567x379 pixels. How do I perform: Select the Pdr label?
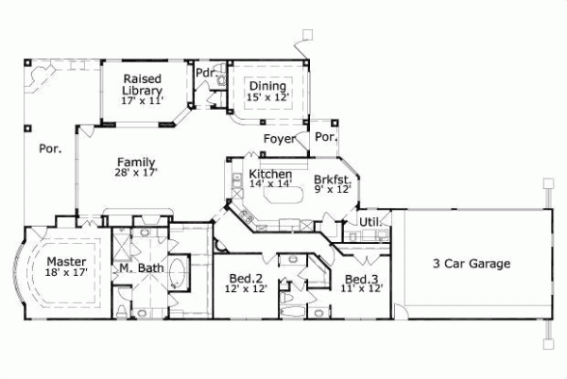203,73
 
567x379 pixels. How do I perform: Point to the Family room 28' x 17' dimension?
136,173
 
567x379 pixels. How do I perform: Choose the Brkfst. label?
333,179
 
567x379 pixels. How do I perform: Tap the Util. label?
369,222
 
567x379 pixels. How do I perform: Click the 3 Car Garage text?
472,264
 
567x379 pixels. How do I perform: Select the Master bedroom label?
65,261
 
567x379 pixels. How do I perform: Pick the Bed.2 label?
246,279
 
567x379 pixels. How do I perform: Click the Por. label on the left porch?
49,148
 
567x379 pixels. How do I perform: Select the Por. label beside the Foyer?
326,137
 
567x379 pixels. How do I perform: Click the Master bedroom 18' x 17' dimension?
65,273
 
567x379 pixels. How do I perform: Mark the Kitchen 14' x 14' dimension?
271,186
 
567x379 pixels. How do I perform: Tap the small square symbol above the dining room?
304,36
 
